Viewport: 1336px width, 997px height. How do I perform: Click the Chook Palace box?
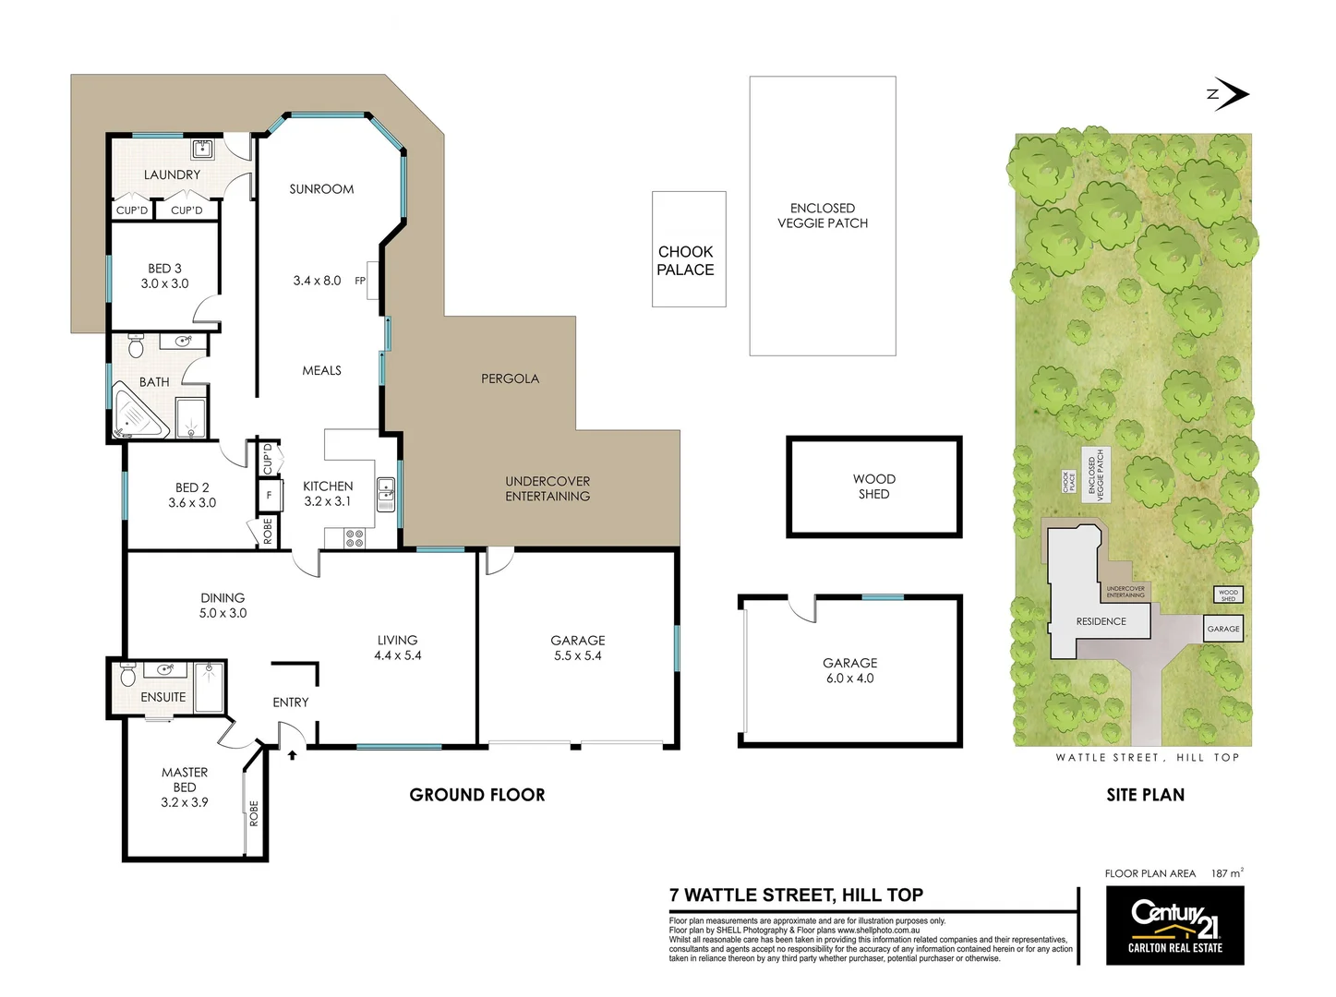click(x=688, y=249)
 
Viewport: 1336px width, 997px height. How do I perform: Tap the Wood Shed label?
click(x=873, y=486)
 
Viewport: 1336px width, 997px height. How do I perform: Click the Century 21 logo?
click(x=1174, y=925)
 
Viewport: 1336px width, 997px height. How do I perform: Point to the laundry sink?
click(x=202, y=149)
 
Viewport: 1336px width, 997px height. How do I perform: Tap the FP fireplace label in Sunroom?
click(x=360, y=281)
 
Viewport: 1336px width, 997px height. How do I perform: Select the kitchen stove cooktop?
click(x=355, y=537)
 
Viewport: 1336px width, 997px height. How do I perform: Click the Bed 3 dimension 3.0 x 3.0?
click(x=164, y=283)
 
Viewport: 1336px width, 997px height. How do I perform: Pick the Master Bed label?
click(x=185, y=779)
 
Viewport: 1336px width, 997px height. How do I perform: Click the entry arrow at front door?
click(x=292, y=755)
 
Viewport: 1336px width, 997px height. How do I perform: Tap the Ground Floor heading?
click(x=477, y=795)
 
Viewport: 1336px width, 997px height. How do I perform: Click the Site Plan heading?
click(x=1145, y=795)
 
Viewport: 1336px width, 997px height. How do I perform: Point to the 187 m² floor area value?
click(x=1227, y=873)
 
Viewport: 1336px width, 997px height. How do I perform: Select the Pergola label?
click(x=510, y=378)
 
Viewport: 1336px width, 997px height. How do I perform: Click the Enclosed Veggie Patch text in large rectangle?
click(x=822, y=215)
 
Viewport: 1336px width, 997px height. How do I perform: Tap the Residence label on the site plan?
click(x=1101, y=621)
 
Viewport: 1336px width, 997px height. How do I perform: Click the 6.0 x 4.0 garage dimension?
click(x=849, y=679)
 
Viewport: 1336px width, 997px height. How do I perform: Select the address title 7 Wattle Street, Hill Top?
click(x=796, y=895)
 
